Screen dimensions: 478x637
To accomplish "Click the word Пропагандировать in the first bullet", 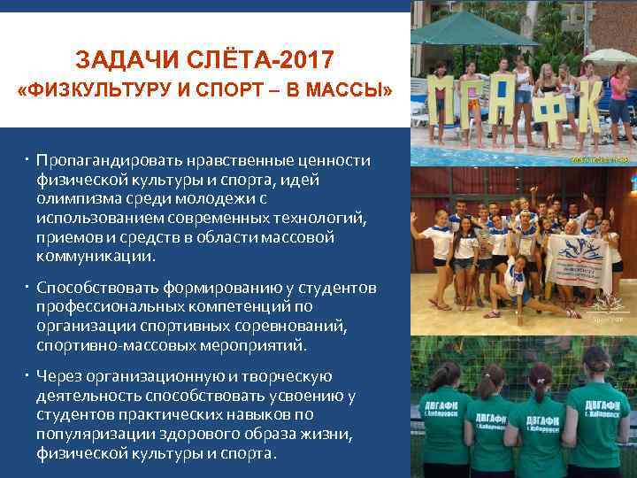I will click(102, 160).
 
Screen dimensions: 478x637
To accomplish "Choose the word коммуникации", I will click(95, 258).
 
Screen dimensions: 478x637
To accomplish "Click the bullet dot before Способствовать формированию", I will click(28, 288).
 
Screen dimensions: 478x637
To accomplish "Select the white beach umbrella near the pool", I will click(610, 57).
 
